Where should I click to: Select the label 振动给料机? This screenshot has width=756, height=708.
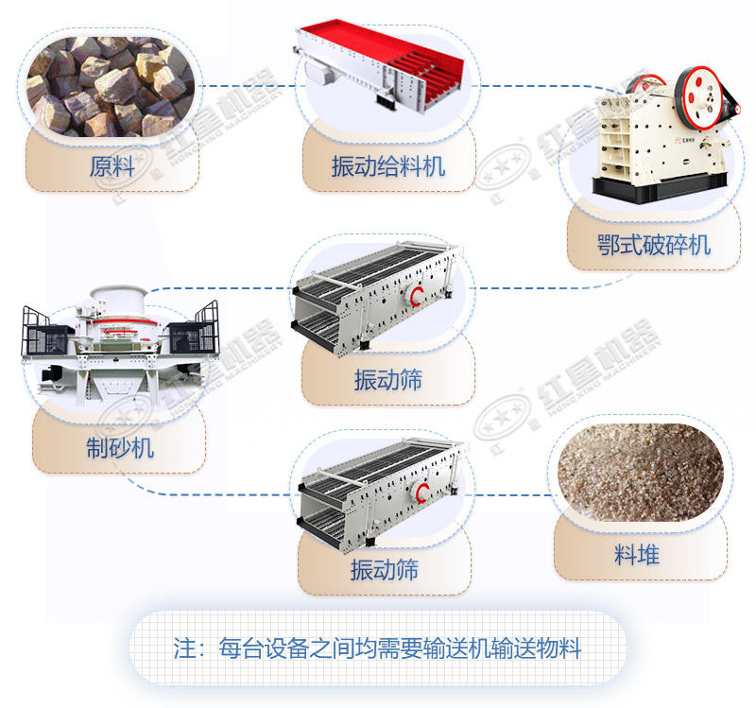click(387, 168)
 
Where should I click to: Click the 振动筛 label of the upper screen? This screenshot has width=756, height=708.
click(387, 380)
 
